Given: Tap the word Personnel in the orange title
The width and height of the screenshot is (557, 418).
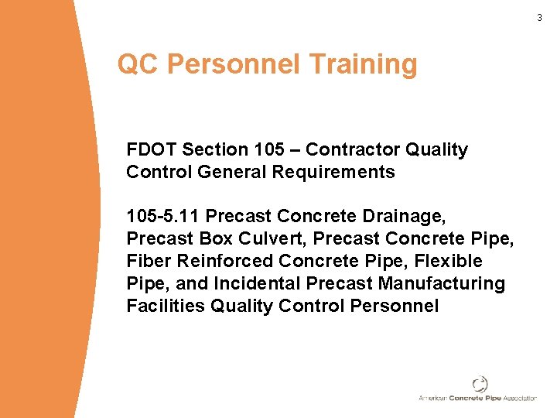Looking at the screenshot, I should [233, 65].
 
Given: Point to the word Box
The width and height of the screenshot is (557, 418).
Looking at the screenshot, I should [214, 239].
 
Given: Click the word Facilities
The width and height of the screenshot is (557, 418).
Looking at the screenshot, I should [166, 307].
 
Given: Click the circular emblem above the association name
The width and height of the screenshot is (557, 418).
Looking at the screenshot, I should [480, 384].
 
